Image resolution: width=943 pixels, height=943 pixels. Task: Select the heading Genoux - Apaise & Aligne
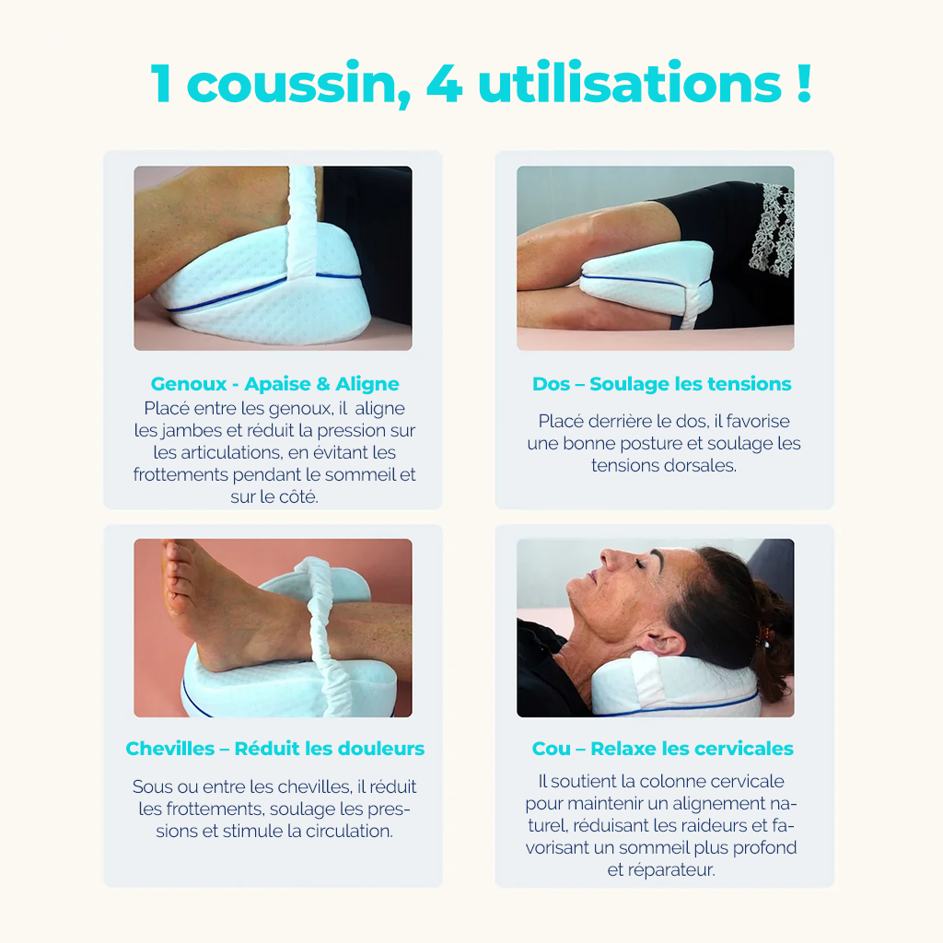(x=274, y=384)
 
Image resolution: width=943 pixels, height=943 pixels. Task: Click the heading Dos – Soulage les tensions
(x=661, y=384)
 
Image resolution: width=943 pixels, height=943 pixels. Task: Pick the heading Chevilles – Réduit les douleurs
(x=274, y=749)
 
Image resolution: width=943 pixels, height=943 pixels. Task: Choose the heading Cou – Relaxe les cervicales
(x=661, y=749)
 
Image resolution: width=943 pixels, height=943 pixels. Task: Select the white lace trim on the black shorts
(x=772, y=227)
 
